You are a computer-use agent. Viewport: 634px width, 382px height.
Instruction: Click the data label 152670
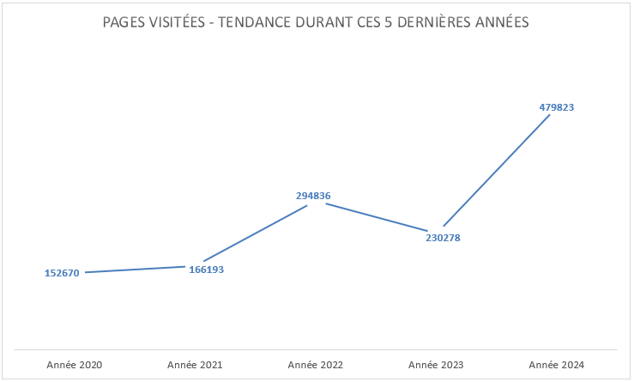pos(62,273)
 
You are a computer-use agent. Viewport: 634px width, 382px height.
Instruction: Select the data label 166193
pos(207,270)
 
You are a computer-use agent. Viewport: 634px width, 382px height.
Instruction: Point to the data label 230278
pos(443,238)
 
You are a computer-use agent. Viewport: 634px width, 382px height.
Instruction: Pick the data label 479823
pos(557,107)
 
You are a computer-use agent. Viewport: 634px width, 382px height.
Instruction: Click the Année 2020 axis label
pos(75,365)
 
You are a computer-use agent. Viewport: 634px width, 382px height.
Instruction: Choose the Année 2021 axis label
pos(195,365)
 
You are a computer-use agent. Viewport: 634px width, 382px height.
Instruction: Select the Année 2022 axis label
pos(316,365)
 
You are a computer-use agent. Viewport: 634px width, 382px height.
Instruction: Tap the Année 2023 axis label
pos(436,365)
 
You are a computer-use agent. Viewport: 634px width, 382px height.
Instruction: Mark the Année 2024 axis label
pos(557,365)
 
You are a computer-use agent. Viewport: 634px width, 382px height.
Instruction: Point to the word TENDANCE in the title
pos(261,22)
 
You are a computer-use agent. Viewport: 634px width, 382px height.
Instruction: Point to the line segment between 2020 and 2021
pos(136,270)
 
